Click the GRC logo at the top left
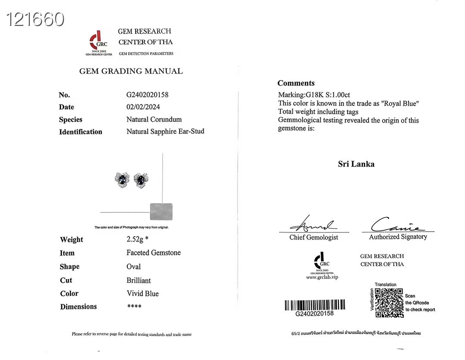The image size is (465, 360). [x=99, y=41]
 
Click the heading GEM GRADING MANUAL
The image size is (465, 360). [x=131, y=71]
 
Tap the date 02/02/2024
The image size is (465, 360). [x=143, y=107]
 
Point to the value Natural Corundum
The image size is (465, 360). [x=154, y=119]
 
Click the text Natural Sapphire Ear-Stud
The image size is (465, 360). [x=165, y=131]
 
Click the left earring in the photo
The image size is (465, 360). [x=122, y=179]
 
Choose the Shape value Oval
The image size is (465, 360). [x=133, y=267]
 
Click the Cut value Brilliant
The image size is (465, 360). [x=139, y=280]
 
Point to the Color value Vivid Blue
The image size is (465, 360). [x=143, y=294]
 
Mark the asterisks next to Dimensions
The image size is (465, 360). [x=134, y=307]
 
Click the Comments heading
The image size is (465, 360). [x=296, y=83]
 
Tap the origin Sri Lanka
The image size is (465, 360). [x=356, y=164]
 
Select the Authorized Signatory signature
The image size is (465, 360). [x=397, y=225]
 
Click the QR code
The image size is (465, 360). [x=389, y=303]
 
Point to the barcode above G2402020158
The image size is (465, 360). [x=315, y=305]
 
